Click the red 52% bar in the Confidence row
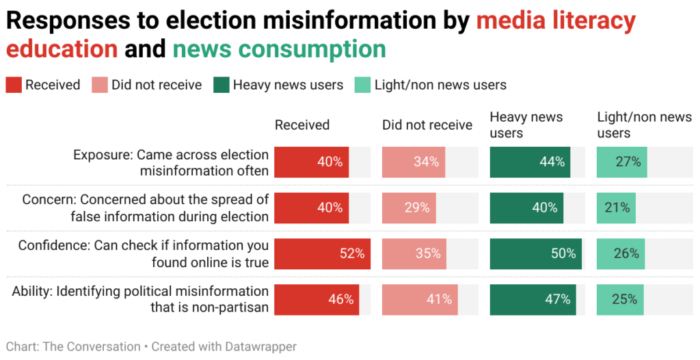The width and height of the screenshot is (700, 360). click(x=323, y=253)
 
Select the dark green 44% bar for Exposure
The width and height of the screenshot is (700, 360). click(x=530, y=162)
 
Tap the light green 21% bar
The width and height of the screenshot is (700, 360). click(x=616, y=208)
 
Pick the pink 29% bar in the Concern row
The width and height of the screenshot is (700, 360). click(x=409, y=208)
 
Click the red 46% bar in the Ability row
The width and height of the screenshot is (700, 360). click(x=317, y=299)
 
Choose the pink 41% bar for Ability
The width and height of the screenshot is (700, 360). click(x=420, y=299)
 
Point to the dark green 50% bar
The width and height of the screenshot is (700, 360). click(x=535, y=253)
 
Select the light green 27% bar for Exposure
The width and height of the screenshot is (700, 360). click(x=621, y=162)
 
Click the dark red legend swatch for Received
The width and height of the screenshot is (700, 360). click(x=14, y=85)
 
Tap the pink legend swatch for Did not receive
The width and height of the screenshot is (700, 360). click(x=100, y=85)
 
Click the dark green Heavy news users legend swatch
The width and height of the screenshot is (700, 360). click(x=221, y=85)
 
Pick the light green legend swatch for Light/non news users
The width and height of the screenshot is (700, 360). click(x=362, y=85)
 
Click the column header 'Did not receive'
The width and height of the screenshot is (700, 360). click(x=427, y=125)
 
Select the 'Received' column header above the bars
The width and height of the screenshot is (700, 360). click(x=302, y=125)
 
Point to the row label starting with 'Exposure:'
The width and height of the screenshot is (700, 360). click(x=171, y=163)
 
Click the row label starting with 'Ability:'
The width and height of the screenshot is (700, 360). click(x=141, y=299)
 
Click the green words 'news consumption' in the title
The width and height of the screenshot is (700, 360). click(x=279, y=49)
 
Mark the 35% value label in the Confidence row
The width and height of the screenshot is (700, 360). click(x=428, y=253)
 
